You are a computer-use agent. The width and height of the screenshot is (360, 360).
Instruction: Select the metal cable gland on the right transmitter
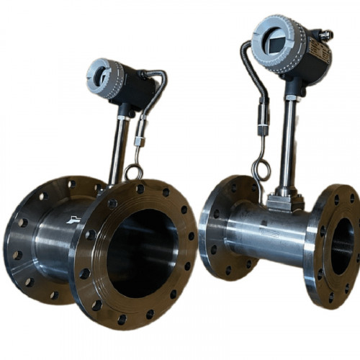[327, 34]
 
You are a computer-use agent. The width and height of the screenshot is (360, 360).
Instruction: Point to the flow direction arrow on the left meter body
[72, 219]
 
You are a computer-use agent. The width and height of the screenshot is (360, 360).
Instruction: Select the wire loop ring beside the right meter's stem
[261, 171]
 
